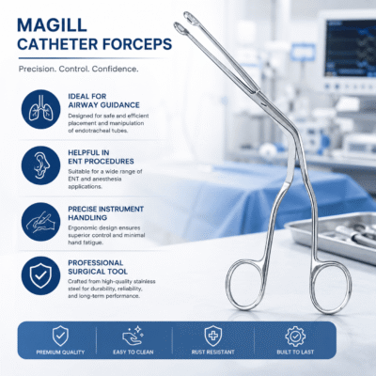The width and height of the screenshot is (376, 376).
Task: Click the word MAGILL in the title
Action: pos(52,25)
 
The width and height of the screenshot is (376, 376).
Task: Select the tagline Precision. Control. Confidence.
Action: pos(78,69)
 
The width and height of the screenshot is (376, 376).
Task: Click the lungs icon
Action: pos(40,109)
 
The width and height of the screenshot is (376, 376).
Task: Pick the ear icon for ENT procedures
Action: pos(40,165)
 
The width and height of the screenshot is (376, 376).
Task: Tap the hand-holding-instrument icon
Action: pos(40,222)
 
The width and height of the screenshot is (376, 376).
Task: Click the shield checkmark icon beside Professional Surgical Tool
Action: pos(40,275)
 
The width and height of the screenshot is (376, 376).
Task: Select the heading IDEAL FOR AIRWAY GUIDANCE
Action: pos(103,101)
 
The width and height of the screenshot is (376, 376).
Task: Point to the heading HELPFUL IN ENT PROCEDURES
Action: pos(101,157)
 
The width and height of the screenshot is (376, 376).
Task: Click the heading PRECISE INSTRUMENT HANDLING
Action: pos(105,213)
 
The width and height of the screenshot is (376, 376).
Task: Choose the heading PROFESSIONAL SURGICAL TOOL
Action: pos(98,267)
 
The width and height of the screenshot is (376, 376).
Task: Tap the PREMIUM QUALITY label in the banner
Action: pos(60,352)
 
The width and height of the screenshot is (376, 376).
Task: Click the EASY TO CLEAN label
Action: pos(133,352)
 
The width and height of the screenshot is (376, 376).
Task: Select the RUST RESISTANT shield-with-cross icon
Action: pos(213,336)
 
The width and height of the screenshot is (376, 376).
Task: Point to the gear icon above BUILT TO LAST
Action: pos(295,336)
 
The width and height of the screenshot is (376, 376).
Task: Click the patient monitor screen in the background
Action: pos(350,48)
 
